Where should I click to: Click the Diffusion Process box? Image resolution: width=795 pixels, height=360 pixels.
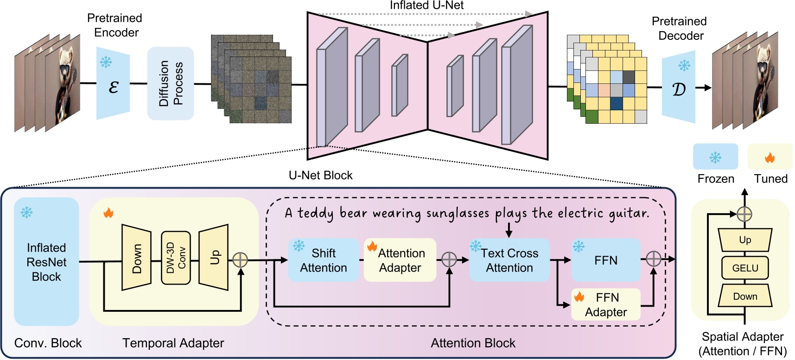coord(171,83)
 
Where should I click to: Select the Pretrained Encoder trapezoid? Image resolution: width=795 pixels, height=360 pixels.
coord(113,83)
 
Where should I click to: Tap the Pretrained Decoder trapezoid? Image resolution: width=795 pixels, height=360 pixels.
coord(679,87)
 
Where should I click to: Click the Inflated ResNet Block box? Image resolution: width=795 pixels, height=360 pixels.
coord(46,262)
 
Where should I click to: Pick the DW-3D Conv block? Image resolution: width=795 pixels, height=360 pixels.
coord(176,258)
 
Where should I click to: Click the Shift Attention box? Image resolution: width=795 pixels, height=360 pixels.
coord(324,260)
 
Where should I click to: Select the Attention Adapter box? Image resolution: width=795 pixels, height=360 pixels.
coord(400,260)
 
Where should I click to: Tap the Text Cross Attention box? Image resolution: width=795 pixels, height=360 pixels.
coord(509,260)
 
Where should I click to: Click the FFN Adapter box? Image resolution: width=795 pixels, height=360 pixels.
coord(606,304)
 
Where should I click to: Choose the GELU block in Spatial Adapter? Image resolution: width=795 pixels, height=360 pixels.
coord(745,268)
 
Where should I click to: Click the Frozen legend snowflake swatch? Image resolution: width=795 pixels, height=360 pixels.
coord(715,157)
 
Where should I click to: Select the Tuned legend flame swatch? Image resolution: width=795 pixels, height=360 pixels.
coord(770,157)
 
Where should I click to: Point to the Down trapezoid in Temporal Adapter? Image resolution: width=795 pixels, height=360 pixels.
coord(137,258)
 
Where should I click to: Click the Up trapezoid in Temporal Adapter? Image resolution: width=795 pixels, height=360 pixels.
coord(214,257)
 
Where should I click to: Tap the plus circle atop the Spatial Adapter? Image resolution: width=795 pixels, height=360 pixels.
coord(744,214)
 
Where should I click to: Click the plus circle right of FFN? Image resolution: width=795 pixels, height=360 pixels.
coord(653,259)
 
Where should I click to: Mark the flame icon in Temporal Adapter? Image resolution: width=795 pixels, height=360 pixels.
coord(108,213)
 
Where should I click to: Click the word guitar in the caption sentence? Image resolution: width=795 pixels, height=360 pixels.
coord(632,213)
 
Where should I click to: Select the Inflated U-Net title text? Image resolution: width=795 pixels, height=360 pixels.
coord(426,6)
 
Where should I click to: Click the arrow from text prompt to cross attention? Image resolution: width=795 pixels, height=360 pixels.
coord(509,230)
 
